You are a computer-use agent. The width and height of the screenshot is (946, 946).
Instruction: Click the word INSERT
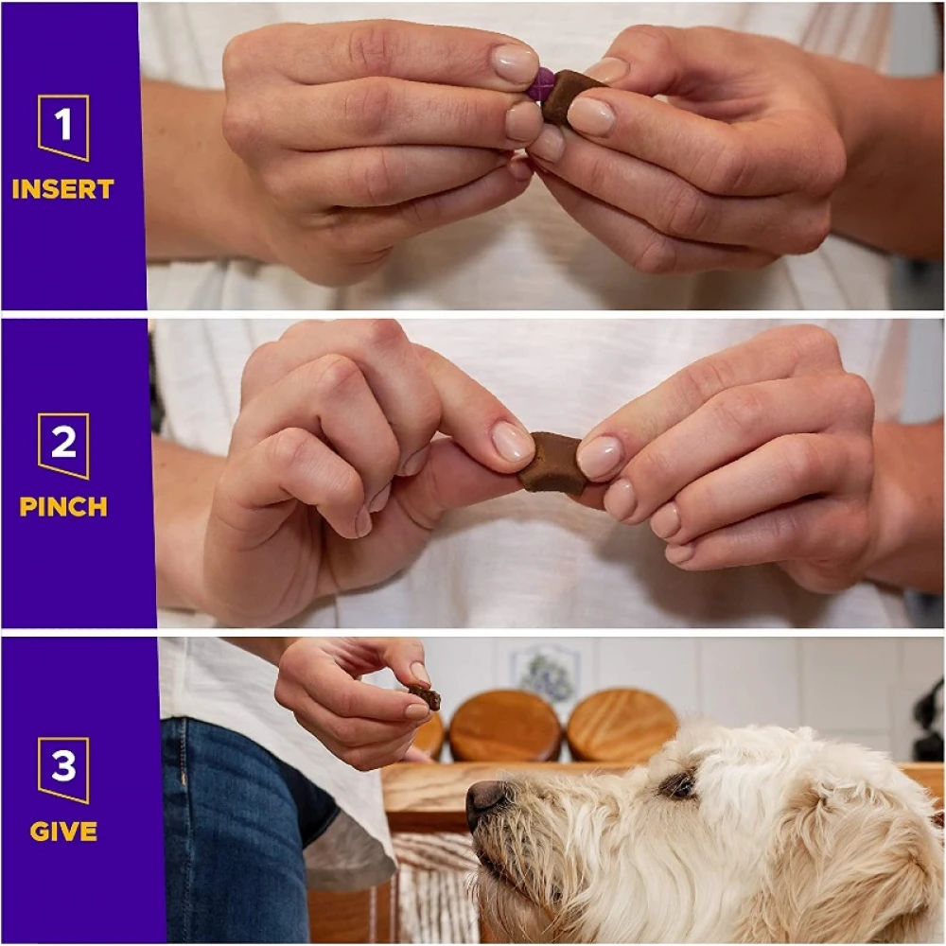pyautogui.click(x=62, y=189)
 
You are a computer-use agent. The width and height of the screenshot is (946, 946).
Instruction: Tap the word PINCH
pyautogui.click(x=63, y=507)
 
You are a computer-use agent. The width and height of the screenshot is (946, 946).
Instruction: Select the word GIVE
pyautogui.click(x=63, y=832)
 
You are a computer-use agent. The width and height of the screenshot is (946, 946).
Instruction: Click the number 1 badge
pyautogui.click(x=63, y=128)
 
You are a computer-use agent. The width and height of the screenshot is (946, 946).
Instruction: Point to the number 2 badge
pyautogui.click(x=63, y=446)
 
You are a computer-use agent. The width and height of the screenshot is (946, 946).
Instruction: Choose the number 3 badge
pyautogui.click(x=63, y=770)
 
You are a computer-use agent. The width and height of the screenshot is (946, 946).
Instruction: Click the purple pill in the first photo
pyautogui.click(x=539, y=83)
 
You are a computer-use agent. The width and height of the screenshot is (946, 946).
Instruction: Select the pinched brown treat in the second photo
pyautogui.click(x=552, y=463)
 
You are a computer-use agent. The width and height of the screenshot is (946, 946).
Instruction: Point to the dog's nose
pyautogui.click(x=486, y=800)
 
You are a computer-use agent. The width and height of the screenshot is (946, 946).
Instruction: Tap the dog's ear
pyautogui.click(x=868, y=845)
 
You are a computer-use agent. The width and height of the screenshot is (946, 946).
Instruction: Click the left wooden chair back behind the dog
pyautogui.click(x=505, y=726)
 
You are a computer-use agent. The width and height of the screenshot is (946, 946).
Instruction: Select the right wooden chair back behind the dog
pyautogui.click(x=622, y=722)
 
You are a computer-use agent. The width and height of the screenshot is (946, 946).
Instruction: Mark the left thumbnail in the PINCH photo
pyautogui.click(x=512, y=442)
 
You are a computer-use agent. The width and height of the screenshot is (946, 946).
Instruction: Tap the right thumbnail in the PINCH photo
pyautogui.click(x=600, y=457)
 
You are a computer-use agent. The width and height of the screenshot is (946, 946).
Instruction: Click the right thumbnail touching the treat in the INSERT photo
pyautogui.click(x=590, y=114)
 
